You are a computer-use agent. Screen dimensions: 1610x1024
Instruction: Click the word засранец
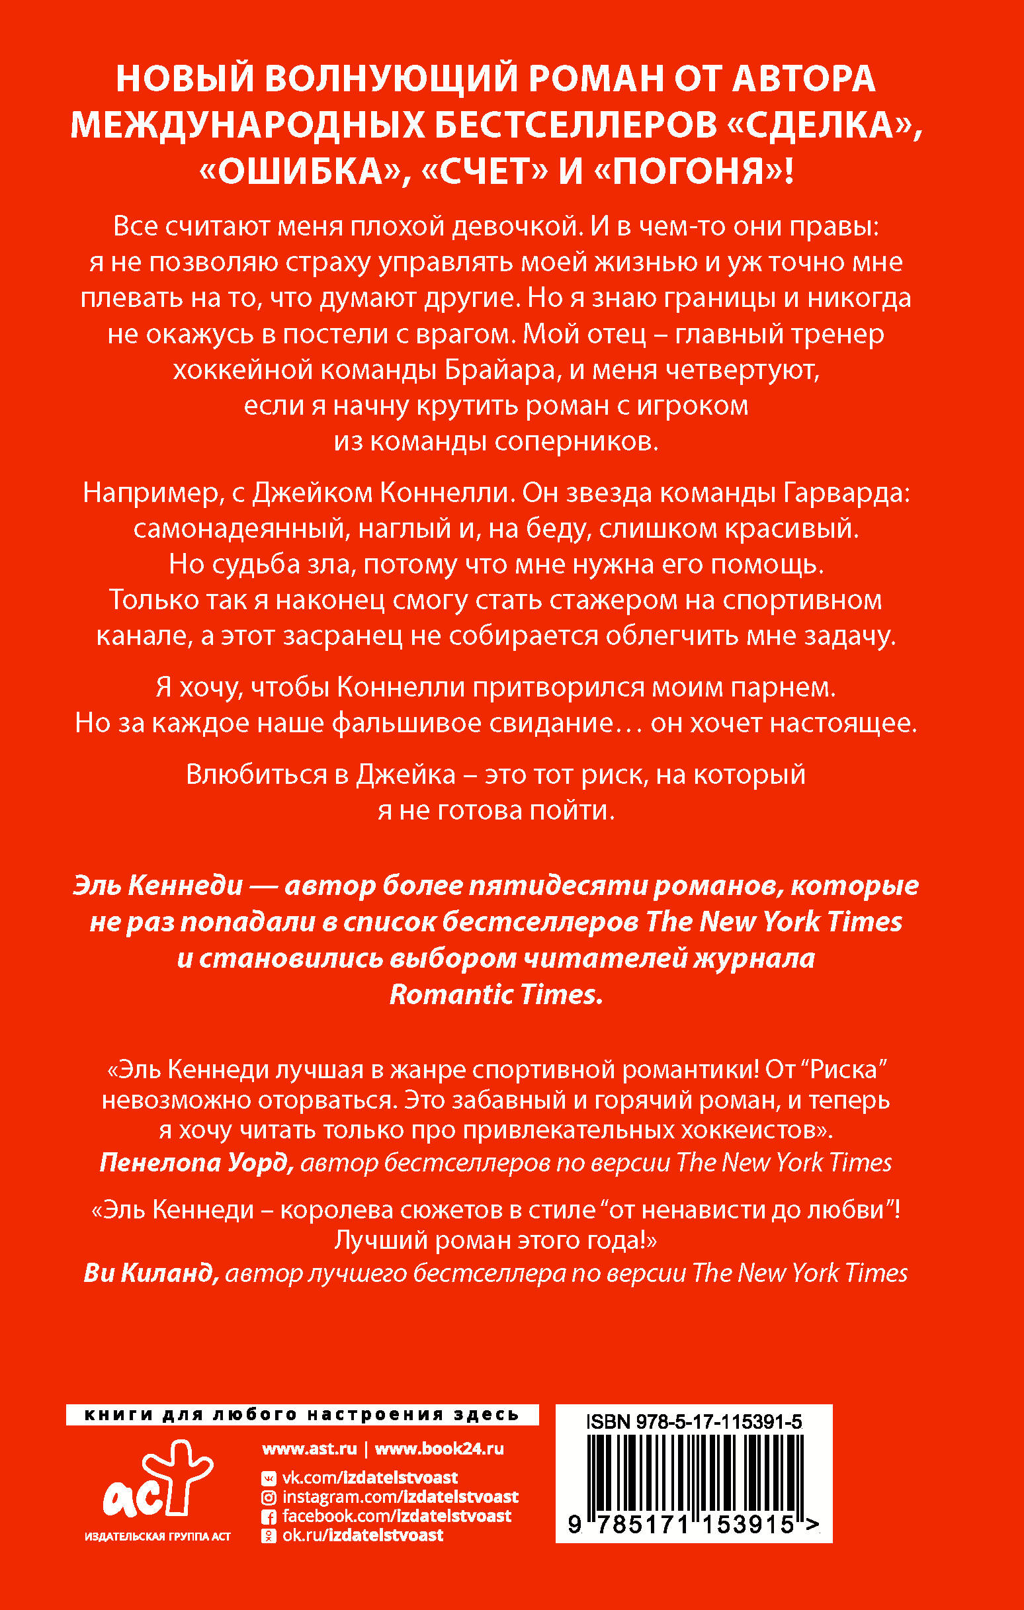343,635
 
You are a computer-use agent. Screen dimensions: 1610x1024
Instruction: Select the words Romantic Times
496,994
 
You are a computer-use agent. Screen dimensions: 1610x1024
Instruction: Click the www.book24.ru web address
439,1449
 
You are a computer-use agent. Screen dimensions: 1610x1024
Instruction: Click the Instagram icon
269,1498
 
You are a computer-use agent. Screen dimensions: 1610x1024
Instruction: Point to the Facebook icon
269,1517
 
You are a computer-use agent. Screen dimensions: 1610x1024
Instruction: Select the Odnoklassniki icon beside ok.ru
269,1536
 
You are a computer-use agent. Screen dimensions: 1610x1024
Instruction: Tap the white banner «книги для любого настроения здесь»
302,1415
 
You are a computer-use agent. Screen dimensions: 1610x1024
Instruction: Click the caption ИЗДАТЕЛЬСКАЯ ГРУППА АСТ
158,1537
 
